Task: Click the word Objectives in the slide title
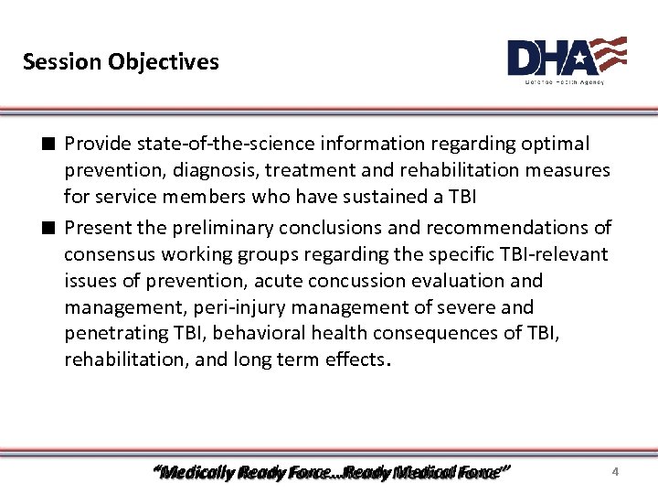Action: pos(163,62)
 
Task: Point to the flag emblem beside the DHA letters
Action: pos(608,55)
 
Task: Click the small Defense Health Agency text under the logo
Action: pos(564,81)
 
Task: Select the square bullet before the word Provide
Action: pos(46,145)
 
